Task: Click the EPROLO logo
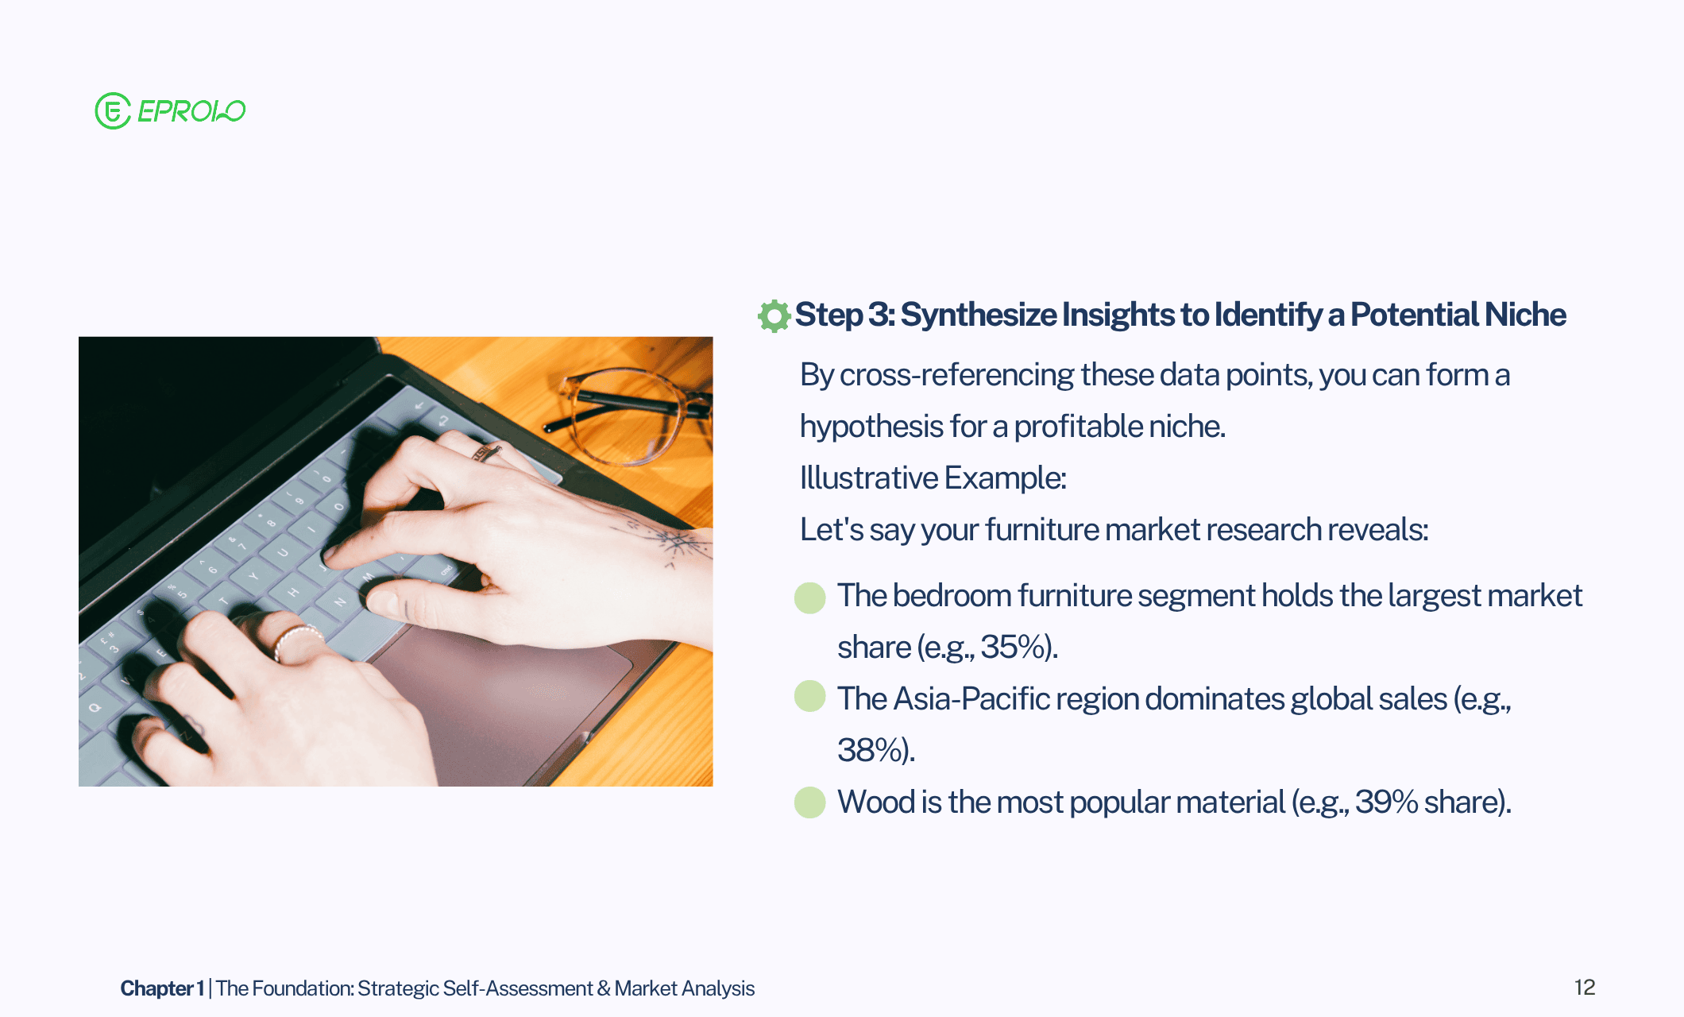pos(170,110)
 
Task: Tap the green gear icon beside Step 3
pos(774,315)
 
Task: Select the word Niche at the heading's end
pos(1525,315)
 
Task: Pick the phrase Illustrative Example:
pos(933,478)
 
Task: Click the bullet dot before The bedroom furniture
pos(810,597)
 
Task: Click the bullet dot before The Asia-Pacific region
pos(810,696)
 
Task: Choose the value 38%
pos(868,750)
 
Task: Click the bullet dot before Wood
pos(810,802)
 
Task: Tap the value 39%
pos(1386,802)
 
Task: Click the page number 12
pos(1585,988)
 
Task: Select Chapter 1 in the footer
pos(162,988)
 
